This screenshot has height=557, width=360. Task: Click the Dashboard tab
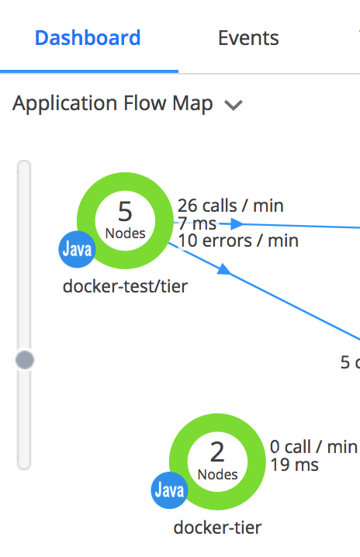pos(88,38)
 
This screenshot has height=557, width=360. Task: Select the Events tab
pos(248,38)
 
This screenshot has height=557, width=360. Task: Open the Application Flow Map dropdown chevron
pos(233,106)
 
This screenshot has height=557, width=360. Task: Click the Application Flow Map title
pos(112,104)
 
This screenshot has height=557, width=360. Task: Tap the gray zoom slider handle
pos(25,360)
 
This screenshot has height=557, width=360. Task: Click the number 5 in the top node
pos(125,212)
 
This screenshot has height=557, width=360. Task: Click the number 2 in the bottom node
pos(217,452)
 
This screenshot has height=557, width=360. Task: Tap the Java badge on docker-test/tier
pos(77,249)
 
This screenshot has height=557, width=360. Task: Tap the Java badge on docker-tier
pos(169,490)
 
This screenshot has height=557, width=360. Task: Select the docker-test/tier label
pos(125,286)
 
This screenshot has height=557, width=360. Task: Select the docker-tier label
pos(217,528)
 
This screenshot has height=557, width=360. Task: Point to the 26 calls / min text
pos(230,206)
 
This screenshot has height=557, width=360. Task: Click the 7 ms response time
pos(197,223)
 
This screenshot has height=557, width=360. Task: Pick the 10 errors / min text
pos(238,240)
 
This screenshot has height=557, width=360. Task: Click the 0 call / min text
pos(313,447)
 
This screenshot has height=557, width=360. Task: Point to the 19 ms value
pos(294,465)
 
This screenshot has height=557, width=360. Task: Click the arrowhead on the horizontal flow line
pos(237,223)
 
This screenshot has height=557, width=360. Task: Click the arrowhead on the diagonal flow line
pos(224,269)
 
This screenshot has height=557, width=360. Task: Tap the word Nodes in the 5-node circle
pos(126,234)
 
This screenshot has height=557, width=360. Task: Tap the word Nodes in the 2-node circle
pos(217,475)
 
